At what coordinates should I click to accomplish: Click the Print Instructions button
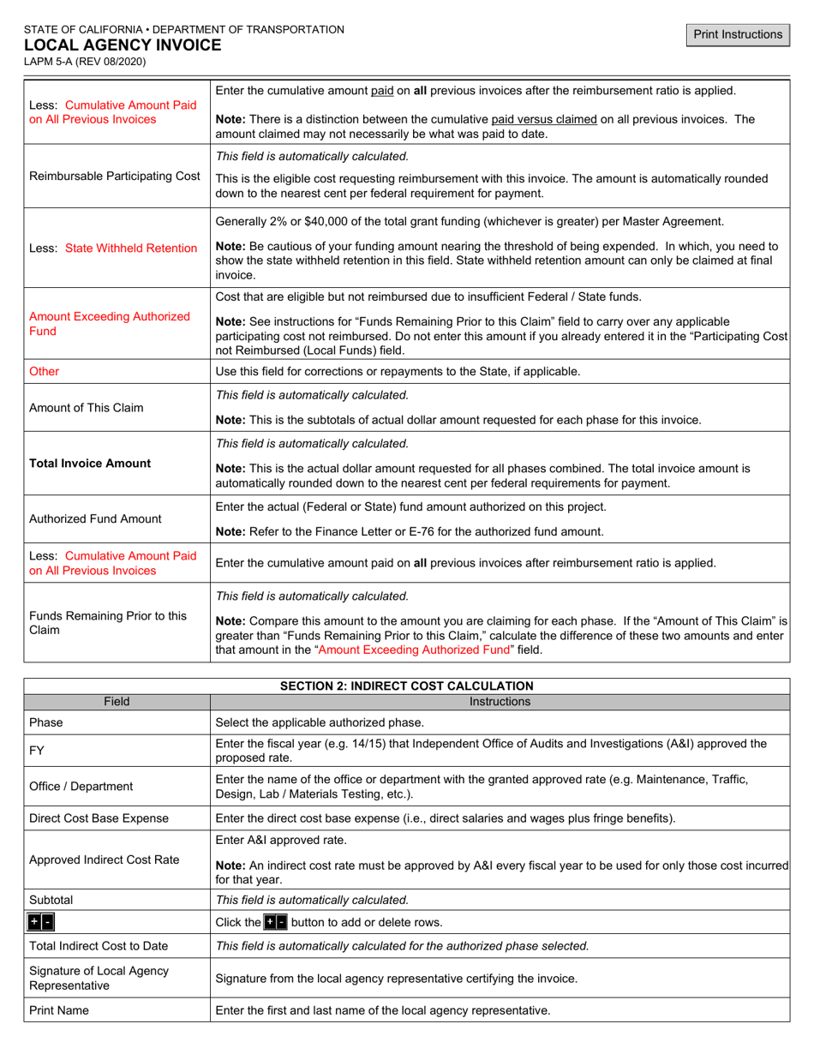click(x=738, y=34)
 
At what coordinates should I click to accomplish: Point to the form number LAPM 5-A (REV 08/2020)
click(x=85, y=62)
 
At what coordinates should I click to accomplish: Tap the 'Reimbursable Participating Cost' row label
click(x=115, y=177)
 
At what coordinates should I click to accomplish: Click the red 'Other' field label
click(x=45, y=372)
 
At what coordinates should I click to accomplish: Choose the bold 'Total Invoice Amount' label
click(x=90, y=464)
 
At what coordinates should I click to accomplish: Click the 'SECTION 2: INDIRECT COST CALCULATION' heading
click(x=406, y=686)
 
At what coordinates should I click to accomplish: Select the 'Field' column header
click(x=117, y=702)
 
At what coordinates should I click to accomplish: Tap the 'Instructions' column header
click(x=500, y=702)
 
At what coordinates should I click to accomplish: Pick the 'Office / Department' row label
click(x=81, y=787)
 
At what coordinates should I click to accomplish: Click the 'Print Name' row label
click(x=59, y=1011)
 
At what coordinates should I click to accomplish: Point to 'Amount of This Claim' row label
click(x=87, y=408)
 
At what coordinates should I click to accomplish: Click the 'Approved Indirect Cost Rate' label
click(x=105, y=860)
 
